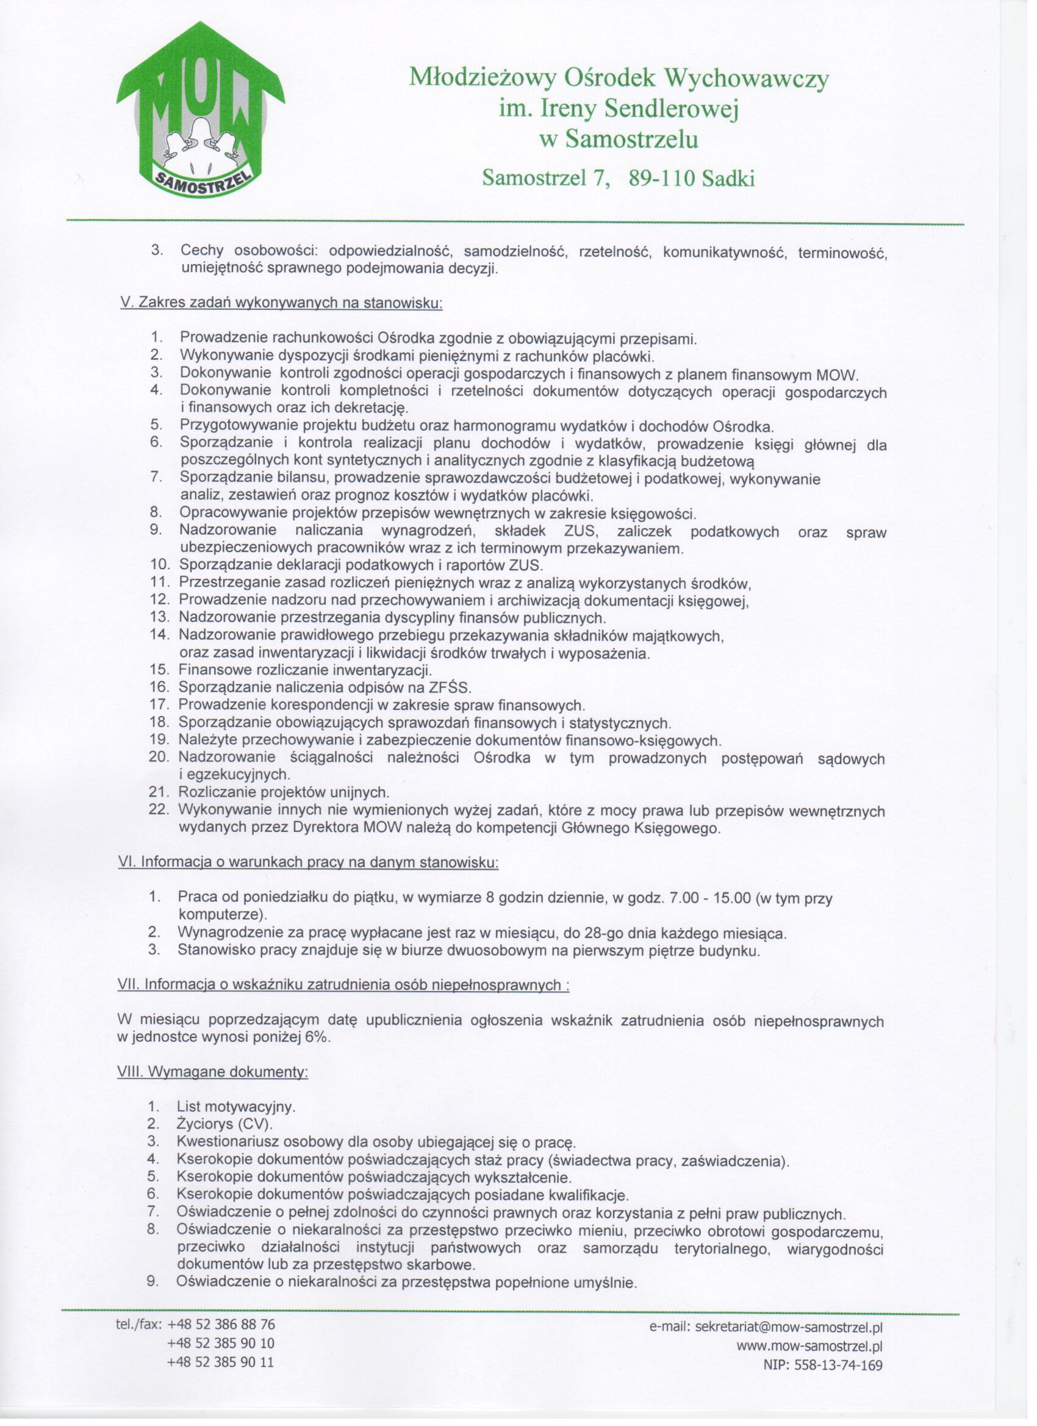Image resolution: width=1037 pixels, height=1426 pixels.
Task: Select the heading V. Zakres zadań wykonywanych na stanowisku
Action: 282,303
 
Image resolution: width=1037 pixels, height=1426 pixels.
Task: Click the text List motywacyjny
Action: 236,1106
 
